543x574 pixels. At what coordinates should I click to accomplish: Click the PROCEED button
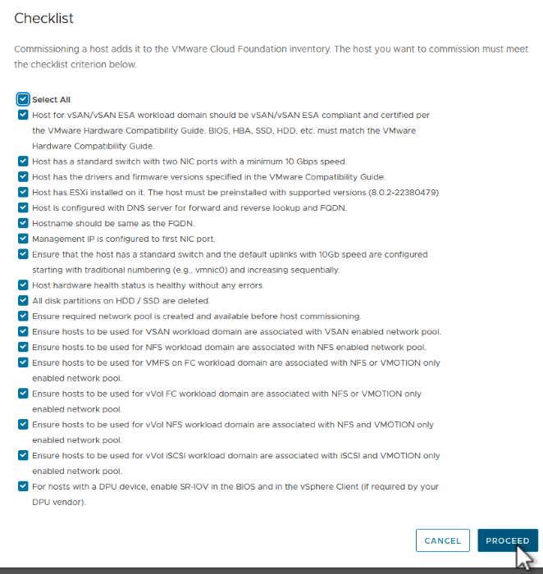coord(507,540)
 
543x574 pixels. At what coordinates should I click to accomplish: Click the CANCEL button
coord(442,540)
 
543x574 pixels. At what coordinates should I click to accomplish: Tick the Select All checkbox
coord(23,99)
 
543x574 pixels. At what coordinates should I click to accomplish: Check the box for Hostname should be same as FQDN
coord(23,223)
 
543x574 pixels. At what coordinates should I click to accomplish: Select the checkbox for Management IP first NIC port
coord(23,239)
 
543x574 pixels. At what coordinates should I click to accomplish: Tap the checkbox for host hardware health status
coord(23,285)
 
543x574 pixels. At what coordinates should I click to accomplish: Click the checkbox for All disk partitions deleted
coord(23,301)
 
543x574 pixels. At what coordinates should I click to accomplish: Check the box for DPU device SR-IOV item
coord(23,486)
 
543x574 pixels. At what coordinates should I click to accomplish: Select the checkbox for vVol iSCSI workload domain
coord(23,455)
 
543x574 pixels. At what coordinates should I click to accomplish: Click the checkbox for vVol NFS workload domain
coord(23,425)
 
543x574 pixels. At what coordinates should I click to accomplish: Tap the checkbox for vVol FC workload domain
coord(23,394)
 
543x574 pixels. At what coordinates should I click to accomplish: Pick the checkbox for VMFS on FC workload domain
coord(23,362)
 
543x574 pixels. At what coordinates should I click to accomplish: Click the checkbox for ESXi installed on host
coord(23,193)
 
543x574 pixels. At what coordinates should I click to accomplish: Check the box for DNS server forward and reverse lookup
coord(23,207)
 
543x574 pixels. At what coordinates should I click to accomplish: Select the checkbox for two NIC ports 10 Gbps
coord(23,162)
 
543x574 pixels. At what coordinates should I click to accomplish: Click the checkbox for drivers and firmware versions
coord(23,177)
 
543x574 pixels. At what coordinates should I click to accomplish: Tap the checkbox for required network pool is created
coord(23,316)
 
